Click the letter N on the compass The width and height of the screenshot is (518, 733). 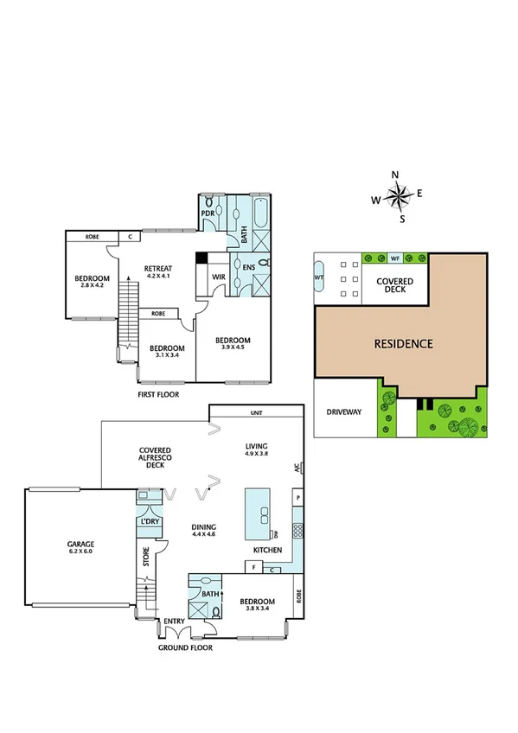pyautogui.click(x=395, y=175)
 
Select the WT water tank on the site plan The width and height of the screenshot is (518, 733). pyautogui.click(x=319, y=277)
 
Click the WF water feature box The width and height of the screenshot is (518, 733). pyautogui.click(x=395, y=258)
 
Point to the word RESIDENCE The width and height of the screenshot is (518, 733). pyautogui.click(x=403, y=343)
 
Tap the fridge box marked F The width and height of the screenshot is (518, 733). pyautogui.click(x=254, y=568)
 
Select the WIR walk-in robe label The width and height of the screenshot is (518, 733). pyautogui.click(x=219, y=277)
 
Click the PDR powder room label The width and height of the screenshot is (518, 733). pyautogui.click(x=208, y=213)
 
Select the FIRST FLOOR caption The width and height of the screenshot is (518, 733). pyautogui.click(x=163, y=393)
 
